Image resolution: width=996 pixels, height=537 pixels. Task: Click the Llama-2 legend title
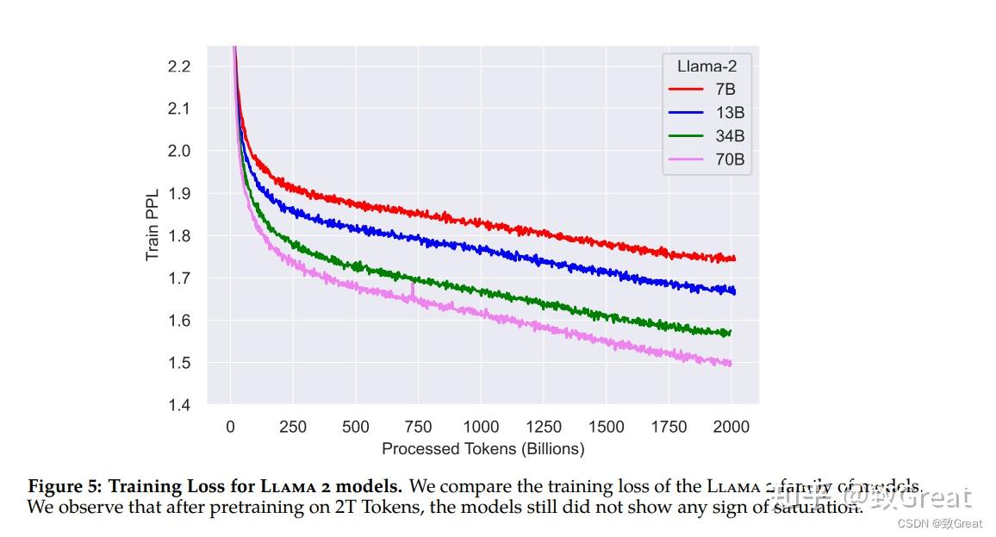[x=707, y=65]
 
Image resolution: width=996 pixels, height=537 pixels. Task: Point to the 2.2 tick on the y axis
[x=177, y=66]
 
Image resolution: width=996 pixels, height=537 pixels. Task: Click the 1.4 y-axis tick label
[x=177, y=404]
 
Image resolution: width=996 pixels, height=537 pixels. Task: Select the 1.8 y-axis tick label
[x=177, y=235]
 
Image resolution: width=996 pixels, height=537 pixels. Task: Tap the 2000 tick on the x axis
[x=731, y=427]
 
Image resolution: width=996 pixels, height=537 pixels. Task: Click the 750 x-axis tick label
[x=418, y=427]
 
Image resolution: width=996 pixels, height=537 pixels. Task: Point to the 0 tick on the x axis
[x=230, y=427]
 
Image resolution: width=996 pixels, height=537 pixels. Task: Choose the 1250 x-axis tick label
[x=544, y=427]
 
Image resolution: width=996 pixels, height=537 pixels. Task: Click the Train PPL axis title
[x=153, y=224]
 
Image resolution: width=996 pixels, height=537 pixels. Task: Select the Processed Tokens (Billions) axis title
[x=482, y=448]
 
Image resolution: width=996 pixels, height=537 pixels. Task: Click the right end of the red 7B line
[x=734, y=259]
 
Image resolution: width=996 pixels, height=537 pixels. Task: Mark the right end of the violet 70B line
[x=731, y=364]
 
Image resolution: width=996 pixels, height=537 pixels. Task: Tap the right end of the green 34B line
[x=731, y=332]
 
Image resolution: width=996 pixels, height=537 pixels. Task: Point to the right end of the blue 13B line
[x=734, y=291]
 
